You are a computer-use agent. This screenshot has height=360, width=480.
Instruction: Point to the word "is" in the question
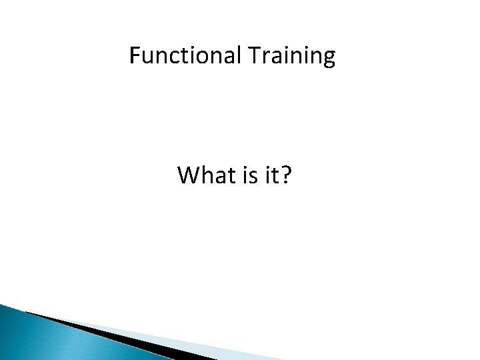(250, 176)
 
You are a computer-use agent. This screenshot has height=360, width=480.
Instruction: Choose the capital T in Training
(256, 57)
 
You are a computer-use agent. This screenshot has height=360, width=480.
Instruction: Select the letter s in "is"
(254, 178)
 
